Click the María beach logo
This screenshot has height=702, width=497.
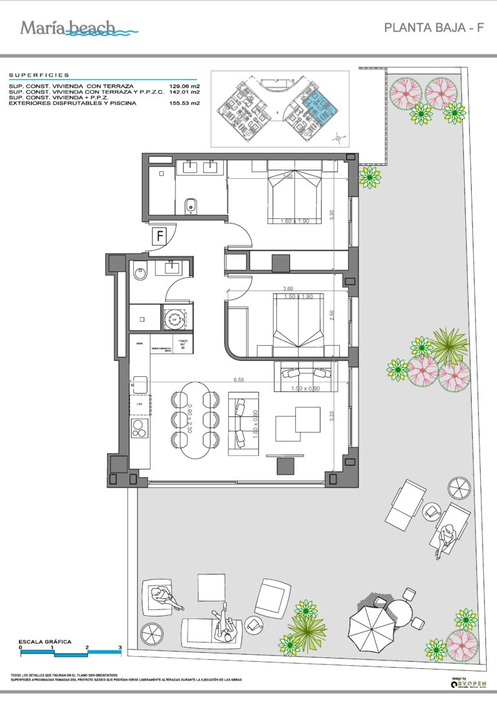pos(78,28)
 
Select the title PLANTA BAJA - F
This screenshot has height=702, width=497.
pos(434,28)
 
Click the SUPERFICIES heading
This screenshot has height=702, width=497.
pos(39,75)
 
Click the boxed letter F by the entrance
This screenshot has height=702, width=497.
pos(159,236)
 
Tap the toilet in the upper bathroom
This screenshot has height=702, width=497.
pos(190,207)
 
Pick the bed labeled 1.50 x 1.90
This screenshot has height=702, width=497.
pos(298,324)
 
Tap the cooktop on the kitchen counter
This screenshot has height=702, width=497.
pos(140,427)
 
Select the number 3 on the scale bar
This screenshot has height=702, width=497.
pos(120,647)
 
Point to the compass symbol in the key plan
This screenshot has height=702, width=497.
pos(337,137)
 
